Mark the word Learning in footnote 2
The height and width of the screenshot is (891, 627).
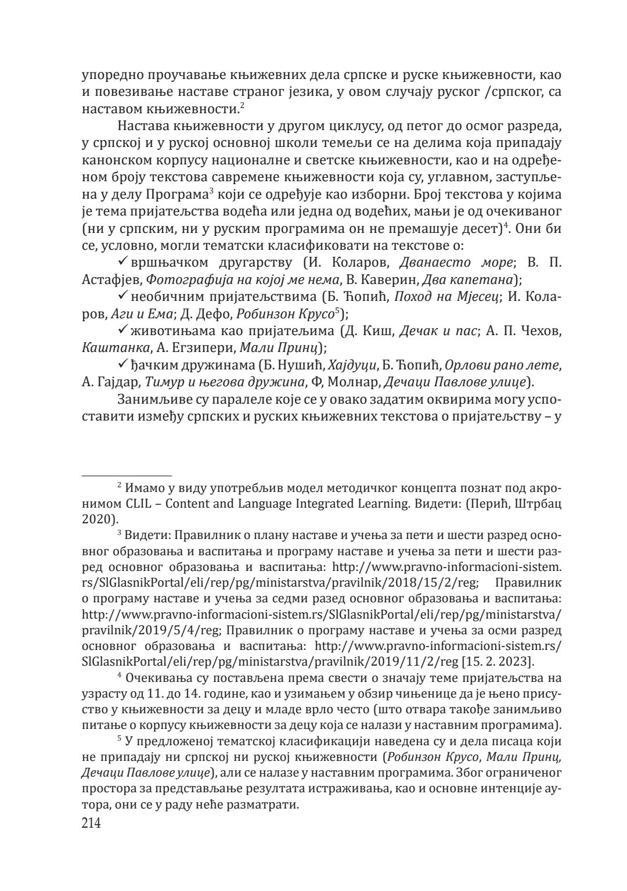tap(376, 504)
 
